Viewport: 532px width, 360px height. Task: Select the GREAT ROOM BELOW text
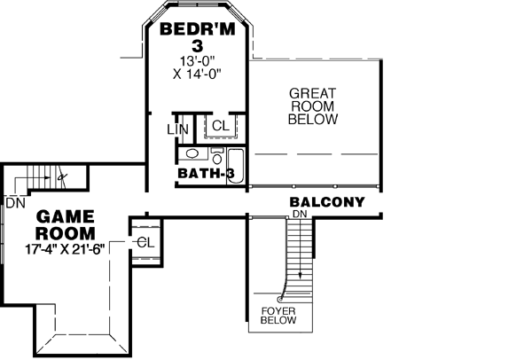coord(313,106)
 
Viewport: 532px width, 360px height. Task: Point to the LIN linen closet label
coord(177,129)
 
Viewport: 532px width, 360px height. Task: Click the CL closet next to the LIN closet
coord(220,126)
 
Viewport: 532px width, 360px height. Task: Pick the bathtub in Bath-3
coord(237,164)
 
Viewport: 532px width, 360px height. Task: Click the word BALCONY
coord(327,202)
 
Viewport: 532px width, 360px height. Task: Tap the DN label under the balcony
coord(300,215)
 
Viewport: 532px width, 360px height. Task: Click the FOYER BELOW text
coord(278,316)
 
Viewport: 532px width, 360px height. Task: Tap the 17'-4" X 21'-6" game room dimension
coord(66,248)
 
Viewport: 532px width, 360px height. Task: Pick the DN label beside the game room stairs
coord(14,202)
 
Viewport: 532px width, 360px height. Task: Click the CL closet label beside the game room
coord(145,241)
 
